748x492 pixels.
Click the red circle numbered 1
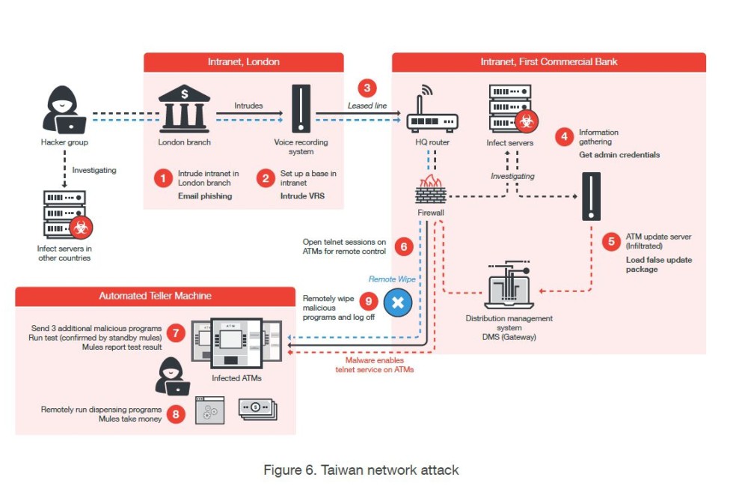(x=162, y=178)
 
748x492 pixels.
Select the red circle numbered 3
(x=367, y=88)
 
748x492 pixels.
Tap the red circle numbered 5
(x=611, y=242)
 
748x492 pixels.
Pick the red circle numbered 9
(x=367, y=301)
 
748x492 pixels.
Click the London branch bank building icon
(x=184, y=110)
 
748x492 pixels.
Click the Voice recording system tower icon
(x=301, y=110)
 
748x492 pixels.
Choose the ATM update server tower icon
(x=591, y=196)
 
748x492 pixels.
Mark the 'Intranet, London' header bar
(x=243, y=62)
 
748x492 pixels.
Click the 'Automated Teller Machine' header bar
(x=156, y=296)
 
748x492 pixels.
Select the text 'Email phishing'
(x=204, y=196)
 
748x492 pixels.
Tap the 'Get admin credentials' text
(x=619, y=155)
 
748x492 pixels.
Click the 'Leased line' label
(x=367, y=106)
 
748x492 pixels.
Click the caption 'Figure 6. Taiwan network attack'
(x=361, y=470)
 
